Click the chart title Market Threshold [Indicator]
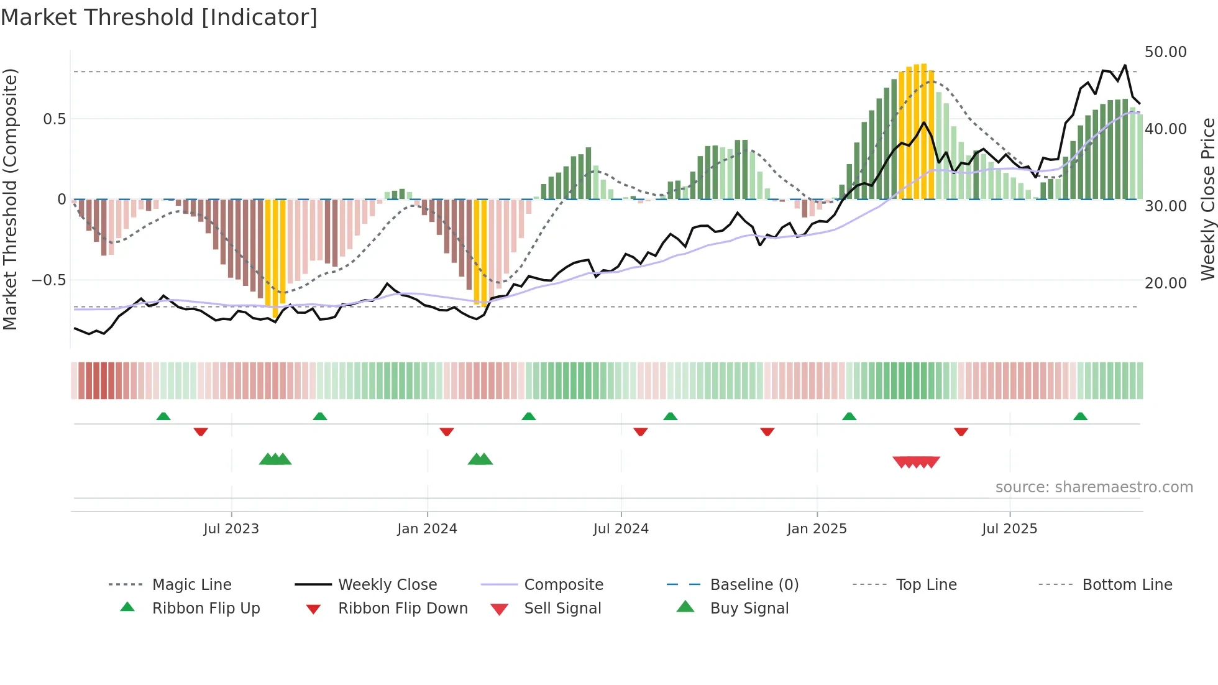[159, 17]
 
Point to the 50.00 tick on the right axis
[1165, 52]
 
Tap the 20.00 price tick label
[1165, 283]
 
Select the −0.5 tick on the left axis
[48, 280]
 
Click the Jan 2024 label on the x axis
[427, 529]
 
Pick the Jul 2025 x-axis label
[1009, 529]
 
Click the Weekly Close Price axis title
[1207, 199]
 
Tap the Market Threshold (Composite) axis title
[10, 199]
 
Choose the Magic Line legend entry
[191, 585]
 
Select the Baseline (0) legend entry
[754, 585]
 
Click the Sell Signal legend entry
[562, 609]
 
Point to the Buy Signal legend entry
[749, 609]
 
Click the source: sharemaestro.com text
[1094, 487]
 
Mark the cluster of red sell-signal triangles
[916, 462]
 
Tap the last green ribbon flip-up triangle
[1080, 416]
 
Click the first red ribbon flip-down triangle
[200, 431]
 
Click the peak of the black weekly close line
[1125, 65]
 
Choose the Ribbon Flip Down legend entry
[402, 609]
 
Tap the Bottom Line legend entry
[1127, 585]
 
